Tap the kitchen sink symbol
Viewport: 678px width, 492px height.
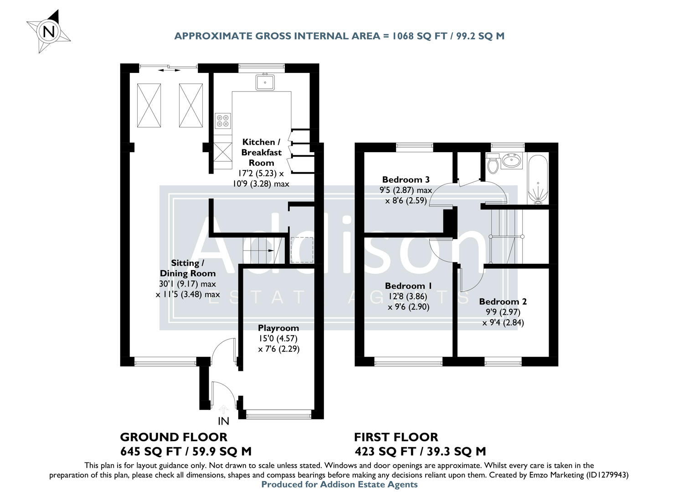click(x=265, y=82)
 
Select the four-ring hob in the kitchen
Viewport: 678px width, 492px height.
click(x=223, y=120)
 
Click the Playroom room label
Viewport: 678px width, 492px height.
click(x=278, y=328)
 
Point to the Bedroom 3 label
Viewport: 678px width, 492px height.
click(x=406, y=179)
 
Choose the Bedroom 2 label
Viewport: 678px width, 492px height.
click(x=503, y=302)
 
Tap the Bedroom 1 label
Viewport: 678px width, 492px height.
click(x=408, y=286)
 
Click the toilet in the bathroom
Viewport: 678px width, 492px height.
click(x=492, y=163)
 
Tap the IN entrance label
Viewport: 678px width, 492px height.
click(x=223, y=421)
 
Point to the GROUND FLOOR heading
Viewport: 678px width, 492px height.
click(x=174, y=437)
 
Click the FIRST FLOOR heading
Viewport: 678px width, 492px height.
click(x=396, y=437)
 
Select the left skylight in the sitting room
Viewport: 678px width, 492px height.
click(x=149, y=105)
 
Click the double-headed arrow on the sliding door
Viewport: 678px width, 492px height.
click(x=169, y=70)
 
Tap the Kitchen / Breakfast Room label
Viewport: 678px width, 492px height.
click(x=261, y=152)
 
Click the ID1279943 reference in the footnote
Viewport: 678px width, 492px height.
click(x=606, y=475)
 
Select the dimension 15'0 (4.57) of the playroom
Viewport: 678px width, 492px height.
click(x=278, y=338)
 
